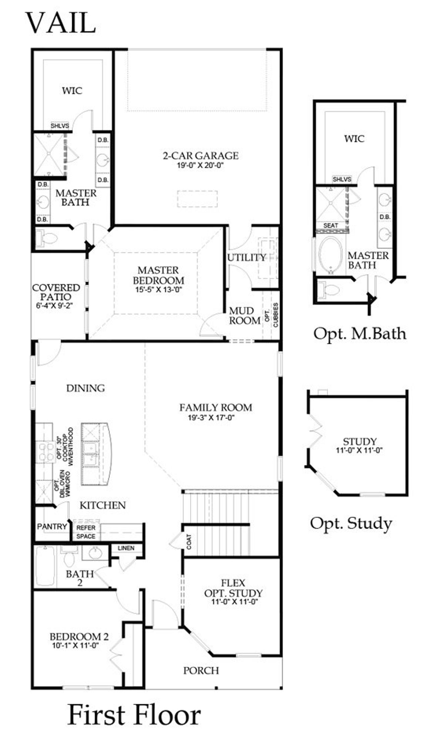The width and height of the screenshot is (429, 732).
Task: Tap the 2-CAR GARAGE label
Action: (x=200, y=155)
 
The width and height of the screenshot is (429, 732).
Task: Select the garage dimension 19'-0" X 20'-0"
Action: (x=200, y=165)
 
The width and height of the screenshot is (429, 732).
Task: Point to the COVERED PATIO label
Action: (x=56, y=292)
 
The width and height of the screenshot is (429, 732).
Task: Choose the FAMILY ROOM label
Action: (x=216, y=408)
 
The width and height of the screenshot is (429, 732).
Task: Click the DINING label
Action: (x=85, y=388)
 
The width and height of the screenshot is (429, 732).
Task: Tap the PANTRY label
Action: (x=52, y=526)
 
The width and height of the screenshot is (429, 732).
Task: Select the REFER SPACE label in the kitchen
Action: (x=86, y=532)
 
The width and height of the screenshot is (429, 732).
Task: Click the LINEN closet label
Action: (x=126, y=548)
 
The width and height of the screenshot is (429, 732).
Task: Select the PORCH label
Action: (x=201, y=670)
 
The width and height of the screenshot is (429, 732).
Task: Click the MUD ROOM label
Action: (x=244, y=316)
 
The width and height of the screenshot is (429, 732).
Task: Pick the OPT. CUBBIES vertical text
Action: (x=271, y=315)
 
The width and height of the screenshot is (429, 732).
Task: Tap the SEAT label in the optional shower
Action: (x=330, y=225)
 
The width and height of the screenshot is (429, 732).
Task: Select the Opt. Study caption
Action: (x=351, y=523)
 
